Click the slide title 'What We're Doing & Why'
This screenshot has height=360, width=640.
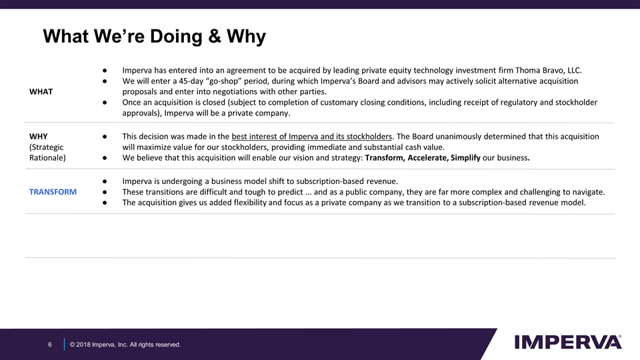coord(154,37)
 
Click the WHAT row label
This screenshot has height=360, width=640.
coord(41,91)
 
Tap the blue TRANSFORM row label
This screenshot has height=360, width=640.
coord(53,191)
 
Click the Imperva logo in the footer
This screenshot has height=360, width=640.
coord(568,341)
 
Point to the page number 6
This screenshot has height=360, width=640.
coord(49,344)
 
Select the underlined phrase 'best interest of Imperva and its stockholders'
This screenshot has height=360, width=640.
coord(312,137)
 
